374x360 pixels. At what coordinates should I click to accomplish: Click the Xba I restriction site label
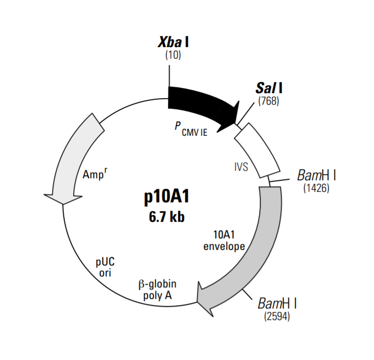point(173,43)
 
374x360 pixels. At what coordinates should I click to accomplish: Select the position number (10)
point(173,55)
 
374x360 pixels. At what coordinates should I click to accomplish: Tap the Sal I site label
point(269,88)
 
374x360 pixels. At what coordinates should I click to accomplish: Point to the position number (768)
point(269,101)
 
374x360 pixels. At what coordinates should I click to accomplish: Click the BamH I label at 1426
point(316,175)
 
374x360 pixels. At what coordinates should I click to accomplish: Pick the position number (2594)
point(277,316)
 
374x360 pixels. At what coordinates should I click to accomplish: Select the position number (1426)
point(316,188)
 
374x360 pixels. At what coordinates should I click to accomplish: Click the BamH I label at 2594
point(277,303)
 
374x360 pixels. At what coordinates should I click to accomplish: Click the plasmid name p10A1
point(166,197)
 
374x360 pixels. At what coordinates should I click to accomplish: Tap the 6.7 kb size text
point(167,217)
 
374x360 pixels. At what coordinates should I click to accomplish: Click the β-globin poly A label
point(157,290)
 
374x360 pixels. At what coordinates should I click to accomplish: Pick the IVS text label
point(241,167)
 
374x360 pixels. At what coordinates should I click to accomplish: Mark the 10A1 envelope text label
point(224,240)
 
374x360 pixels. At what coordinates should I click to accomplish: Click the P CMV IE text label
point(191,129)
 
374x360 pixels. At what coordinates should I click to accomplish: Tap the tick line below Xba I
point(169,76)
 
